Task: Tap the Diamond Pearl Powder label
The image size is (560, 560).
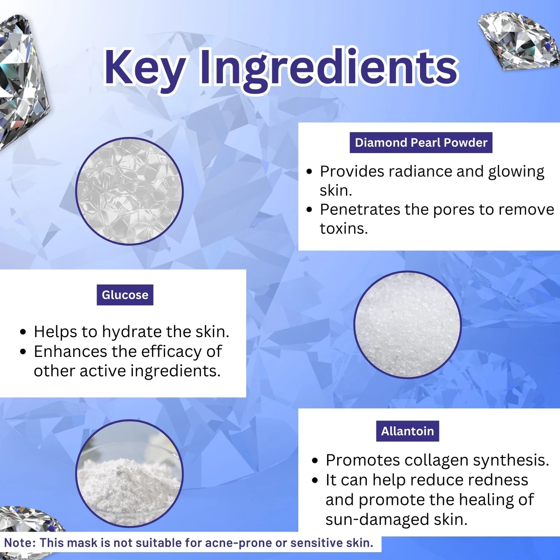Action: [x=421, y=143]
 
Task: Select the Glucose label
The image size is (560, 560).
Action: [x=125, y=295]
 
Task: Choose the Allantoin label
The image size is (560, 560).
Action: [x=407, y=431]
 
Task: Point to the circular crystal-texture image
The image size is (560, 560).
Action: [x=129, y=191]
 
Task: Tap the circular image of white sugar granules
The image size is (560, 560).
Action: [x=407, y=325]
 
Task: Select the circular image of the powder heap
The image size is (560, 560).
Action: [x=129, y=474]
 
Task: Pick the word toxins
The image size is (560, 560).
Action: [x=344, y=228]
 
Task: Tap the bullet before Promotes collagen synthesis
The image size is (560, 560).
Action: [x=314, y=461]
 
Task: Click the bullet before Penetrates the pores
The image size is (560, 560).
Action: [x=310, y=210]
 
